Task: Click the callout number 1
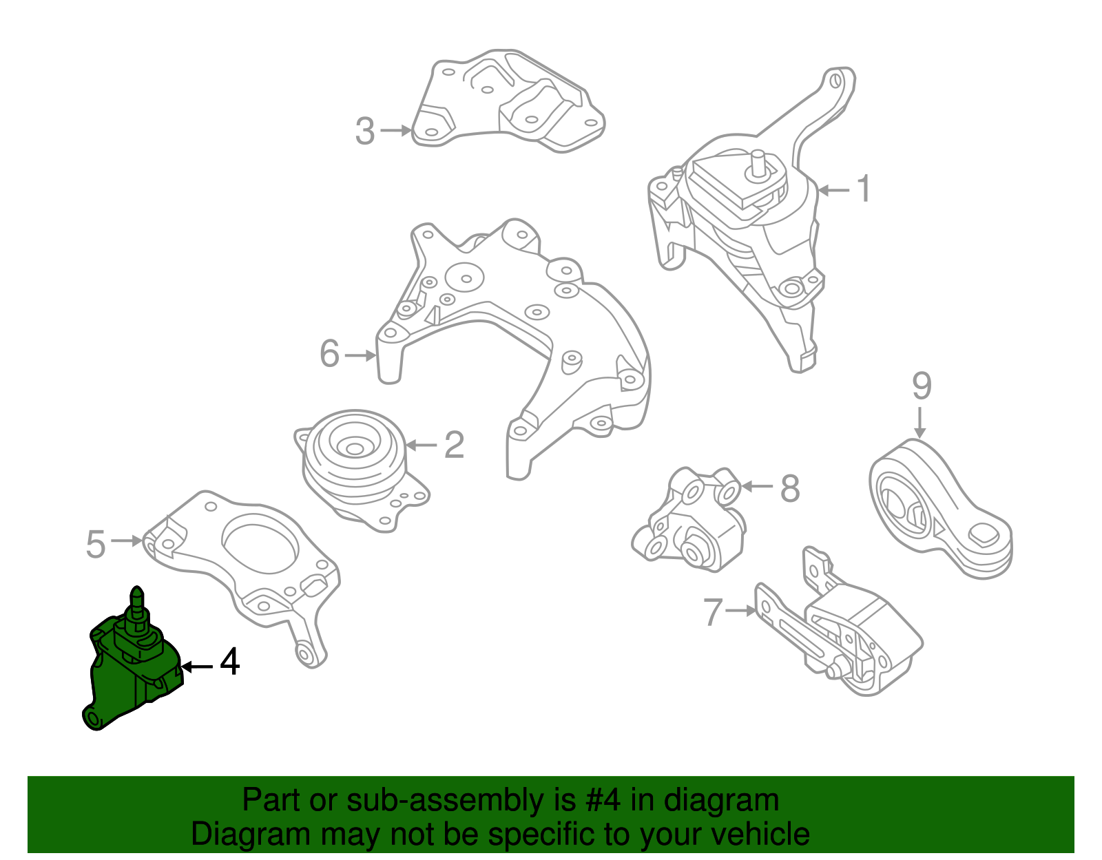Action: [864, 189]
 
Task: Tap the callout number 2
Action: [454, 445]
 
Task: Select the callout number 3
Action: [365, 131]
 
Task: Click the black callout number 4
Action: [229, 662]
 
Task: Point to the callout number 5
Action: [96, 544]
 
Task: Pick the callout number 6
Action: [330, 354]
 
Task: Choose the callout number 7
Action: [713, 611]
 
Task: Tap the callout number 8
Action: [790, 488]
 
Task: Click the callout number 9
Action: [922, 386]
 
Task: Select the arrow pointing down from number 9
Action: [920, 421]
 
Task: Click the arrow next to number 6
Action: [360, 355]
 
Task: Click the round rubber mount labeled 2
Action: [355, 454]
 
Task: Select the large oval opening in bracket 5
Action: [260, 544]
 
